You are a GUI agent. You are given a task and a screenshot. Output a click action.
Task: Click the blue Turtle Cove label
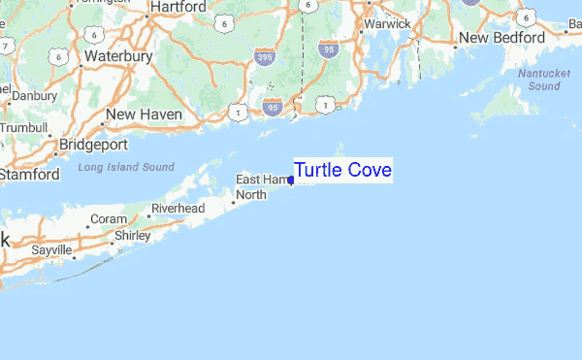(342, 171)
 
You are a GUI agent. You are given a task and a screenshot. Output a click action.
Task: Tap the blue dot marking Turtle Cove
(291, 180)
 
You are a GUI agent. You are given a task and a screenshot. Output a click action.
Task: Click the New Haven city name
(144, 115)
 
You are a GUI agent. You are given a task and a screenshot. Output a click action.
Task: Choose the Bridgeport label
(93, 145)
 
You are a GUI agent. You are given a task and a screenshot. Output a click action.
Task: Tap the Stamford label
(29, 175)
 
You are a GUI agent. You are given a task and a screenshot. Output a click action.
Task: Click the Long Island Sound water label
(126, 168)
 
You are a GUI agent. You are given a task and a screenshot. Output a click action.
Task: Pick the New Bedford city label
(503, 37)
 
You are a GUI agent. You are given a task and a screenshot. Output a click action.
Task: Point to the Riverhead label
(178, 209)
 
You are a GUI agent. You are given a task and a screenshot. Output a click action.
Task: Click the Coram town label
(108, 219)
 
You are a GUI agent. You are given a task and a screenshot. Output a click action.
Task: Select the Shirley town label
(133, 236)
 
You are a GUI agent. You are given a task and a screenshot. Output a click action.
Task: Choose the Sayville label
(51, 250)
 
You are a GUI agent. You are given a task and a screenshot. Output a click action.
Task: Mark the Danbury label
(35, 96)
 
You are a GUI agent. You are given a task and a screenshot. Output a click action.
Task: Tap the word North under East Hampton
(252, 195)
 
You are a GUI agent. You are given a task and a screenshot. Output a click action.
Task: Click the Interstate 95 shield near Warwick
(327, 46)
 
